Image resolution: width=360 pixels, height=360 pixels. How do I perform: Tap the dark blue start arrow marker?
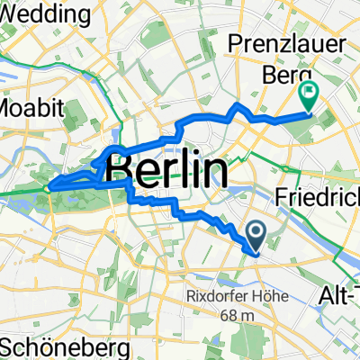255,238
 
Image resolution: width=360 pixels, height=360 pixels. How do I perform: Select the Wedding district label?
46,14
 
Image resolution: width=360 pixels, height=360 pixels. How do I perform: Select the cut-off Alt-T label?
338,294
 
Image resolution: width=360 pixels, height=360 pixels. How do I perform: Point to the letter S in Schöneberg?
9,346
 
